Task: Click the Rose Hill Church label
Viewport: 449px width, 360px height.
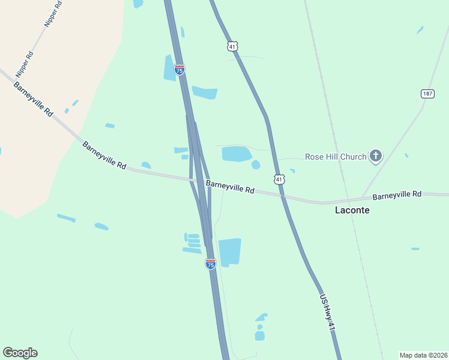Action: (x=336, y=157)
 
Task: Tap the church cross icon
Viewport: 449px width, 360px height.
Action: (x=376, y=157)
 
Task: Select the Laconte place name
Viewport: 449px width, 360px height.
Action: (x=352, y=211)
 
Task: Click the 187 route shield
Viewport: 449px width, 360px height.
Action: (x=427, y=94)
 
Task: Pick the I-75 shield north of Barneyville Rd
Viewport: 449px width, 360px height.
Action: (x=179, y=69)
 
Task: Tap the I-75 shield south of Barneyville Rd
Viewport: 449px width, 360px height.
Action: (x=210, y=263)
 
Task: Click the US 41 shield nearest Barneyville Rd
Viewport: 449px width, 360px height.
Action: (x=278, y=179)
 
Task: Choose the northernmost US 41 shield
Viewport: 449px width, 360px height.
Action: (x=233, y=46)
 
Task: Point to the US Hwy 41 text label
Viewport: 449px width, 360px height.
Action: (x=327, y=312)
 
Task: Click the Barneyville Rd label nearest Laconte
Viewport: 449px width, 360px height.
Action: (x=397, y=195)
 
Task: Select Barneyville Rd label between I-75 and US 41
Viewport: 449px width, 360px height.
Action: (x=230, y=187)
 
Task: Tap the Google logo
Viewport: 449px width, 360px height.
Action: (x=20, y=353)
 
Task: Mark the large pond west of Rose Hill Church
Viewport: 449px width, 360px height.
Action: (x=236, y=154)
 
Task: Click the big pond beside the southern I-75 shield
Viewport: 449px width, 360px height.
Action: (x=229, y=251)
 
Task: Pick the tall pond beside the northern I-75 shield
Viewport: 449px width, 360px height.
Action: (x=170, y=68)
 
